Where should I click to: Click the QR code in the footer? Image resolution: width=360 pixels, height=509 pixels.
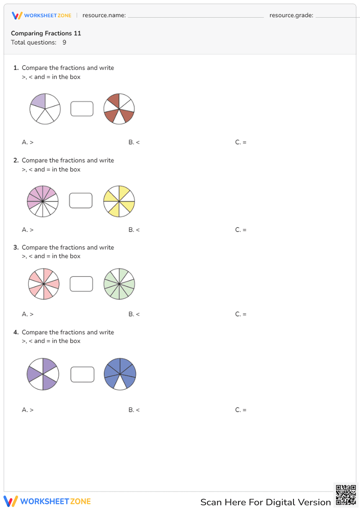[x=346, y=495]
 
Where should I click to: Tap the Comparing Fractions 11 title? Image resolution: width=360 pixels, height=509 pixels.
[x=46, y=33]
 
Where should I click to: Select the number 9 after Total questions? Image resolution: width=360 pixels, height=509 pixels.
[x=64, y=42]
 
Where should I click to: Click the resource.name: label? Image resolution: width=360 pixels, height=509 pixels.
[x=104, y=15]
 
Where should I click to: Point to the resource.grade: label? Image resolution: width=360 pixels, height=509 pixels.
[x=291, y=15]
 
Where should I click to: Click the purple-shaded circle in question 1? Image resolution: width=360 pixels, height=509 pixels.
[x=45, y=109]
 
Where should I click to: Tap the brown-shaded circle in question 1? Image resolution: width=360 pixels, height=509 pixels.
[x=119, y=109]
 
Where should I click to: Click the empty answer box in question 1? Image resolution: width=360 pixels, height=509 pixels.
[x=82, y=109]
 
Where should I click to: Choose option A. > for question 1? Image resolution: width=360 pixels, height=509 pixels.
[x=28, y=142]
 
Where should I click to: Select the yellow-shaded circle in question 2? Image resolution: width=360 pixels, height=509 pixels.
[x=119, y=202]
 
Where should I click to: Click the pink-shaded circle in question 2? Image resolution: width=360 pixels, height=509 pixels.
[x=43, y=202]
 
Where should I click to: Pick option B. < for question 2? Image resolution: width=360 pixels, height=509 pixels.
[x=134, y=230]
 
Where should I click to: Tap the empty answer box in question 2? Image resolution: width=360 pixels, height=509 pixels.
[x=81, y=201]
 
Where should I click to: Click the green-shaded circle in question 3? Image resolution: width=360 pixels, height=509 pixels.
[x=119, y=284]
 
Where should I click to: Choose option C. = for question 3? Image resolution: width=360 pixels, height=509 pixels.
[x=241, y=314]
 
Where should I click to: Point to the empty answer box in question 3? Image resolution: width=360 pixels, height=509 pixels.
[x=81, y=284]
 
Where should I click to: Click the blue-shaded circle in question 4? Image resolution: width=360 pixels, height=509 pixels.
[x=120, y=374]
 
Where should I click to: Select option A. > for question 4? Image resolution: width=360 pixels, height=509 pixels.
[x=28, y=410]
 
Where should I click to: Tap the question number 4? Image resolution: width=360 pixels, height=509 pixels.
[x=16, y=332]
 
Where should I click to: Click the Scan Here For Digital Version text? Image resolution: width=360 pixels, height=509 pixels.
[x=265, y=502]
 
